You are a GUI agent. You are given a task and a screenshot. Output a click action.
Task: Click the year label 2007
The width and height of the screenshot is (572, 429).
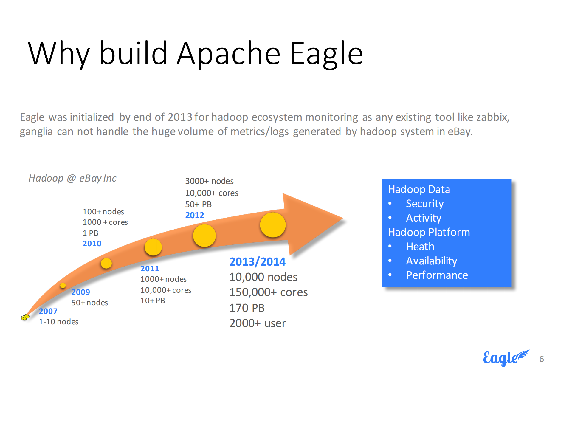[x=48, y=311]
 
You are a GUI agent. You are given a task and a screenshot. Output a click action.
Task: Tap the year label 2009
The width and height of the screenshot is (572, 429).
[x=80, y=292]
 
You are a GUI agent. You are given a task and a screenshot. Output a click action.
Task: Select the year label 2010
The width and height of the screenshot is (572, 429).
[x=92, y=244]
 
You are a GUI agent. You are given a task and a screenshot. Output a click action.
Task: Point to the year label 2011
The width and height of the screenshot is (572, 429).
[x=150, y=269]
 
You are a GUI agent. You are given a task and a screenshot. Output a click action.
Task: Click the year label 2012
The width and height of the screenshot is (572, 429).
[x=195, y=215]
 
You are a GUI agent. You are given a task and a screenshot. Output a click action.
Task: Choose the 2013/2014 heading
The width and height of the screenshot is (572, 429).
[x=257, y=262]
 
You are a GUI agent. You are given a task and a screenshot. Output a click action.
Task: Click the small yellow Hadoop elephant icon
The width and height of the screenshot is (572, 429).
[x=25, y=317]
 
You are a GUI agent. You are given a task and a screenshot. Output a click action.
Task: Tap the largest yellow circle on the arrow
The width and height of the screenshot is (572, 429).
[x=273, y=225]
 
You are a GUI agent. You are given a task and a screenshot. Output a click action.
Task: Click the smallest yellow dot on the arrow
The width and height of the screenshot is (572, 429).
[x=63, y=285]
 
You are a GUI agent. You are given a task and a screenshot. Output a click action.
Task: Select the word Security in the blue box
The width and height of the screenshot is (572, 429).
[x=425, y=204]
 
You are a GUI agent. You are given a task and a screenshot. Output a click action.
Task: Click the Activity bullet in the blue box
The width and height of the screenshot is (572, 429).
[x=424, y=218]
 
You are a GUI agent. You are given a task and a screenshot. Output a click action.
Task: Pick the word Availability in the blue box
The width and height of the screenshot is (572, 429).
[x=431, y=261]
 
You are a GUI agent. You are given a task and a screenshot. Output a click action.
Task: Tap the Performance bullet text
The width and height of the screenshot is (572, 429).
[x=437, y=275]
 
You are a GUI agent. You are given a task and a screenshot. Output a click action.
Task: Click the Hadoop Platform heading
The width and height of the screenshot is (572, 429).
[x=429, y=232]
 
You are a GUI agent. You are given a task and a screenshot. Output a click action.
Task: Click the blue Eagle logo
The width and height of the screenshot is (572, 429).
[x=506, y=358]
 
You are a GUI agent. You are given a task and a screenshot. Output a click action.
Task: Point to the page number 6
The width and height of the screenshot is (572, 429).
[x=542, y=359]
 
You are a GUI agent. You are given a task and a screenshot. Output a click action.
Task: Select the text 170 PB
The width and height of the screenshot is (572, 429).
[x=247, y=308]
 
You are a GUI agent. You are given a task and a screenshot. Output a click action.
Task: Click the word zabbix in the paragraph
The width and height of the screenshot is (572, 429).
[x=493, y=117]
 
